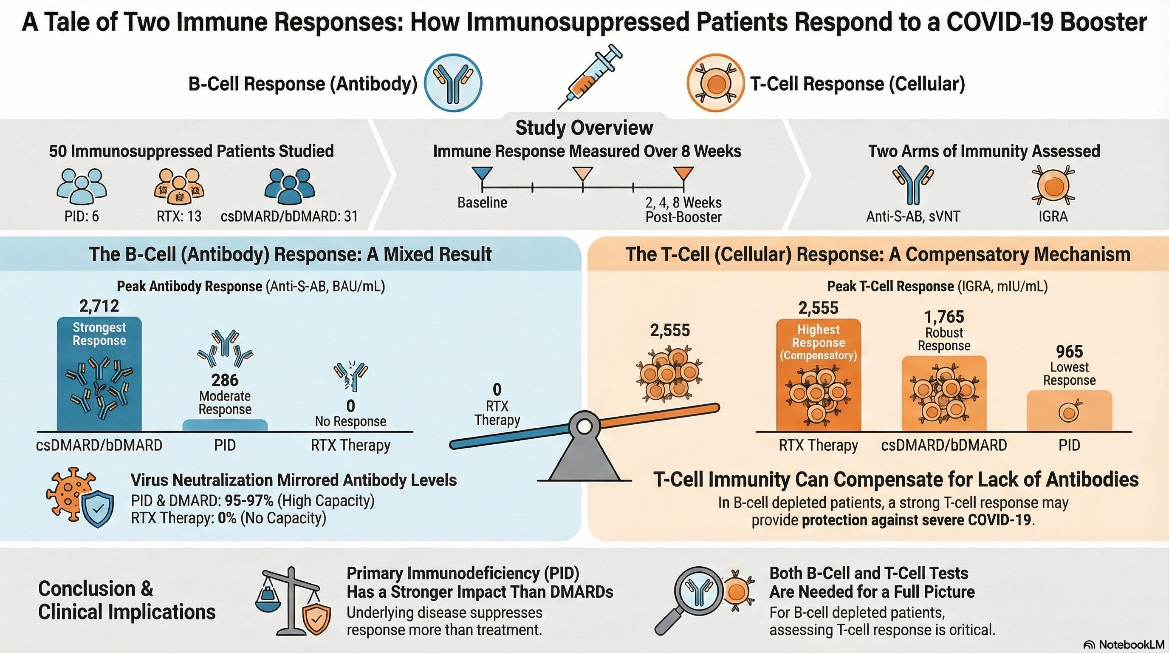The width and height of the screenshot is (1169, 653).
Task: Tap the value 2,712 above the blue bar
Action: (x=99, y=307)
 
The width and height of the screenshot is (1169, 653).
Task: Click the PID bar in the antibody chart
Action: (x=225, y=426)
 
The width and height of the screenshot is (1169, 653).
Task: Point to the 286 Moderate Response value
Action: (x=225, y=380)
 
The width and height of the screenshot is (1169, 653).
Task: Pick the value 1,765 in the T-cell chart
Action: (x=944, y=317)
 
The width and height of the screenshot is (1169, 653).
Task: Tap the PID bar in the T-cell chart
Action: (x=1069, y=411)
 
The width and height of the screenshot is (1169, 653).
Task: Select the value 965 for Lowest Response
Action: (x=1069, y=352)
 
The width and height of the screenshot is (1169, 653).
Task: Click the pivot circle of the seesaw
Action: (x=585, y=426)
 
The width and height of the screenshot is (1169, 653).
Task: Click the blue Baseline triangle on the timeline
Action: (x=482, y=173)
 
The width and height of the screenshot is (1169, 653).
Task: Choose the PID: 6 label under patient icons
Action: (x=82, y=216)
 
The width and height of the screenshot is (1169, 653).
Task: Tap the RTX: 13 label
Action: (x=179, y=216)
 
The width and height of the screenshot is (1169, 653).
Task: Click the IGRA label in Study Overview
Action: (x=1053, y=216)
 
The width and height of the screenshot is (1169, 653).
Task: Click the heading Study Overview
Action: (x=584, y=128)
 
